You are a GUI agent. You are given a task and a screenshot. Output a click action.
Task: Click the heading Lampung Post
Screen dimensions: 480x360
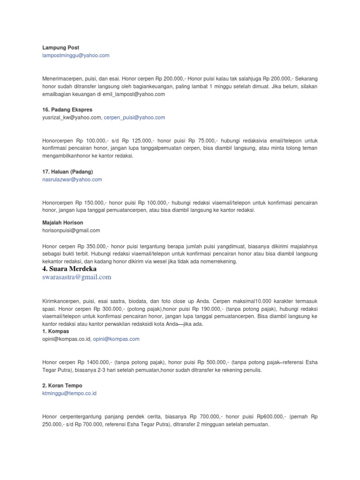[60, 47]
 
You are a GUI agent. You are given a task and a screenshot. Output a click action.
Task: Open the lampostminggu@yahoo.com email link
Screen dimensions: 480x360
[75, 55]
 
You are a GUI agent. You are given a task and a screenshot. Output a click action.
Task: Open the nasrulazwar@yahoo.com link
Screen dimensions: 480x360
[72, 179]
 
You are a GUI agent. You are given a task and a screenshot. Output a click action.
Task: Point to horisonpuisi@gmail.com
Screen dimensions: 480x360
[71, 230]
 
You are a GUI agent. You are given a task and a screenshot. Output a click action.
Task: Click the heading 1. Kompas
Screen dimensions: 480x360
[55, 331]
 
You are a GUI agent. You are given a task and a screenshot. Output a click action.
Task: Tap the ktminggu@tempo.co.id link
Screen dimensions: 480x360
[69, 393]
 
